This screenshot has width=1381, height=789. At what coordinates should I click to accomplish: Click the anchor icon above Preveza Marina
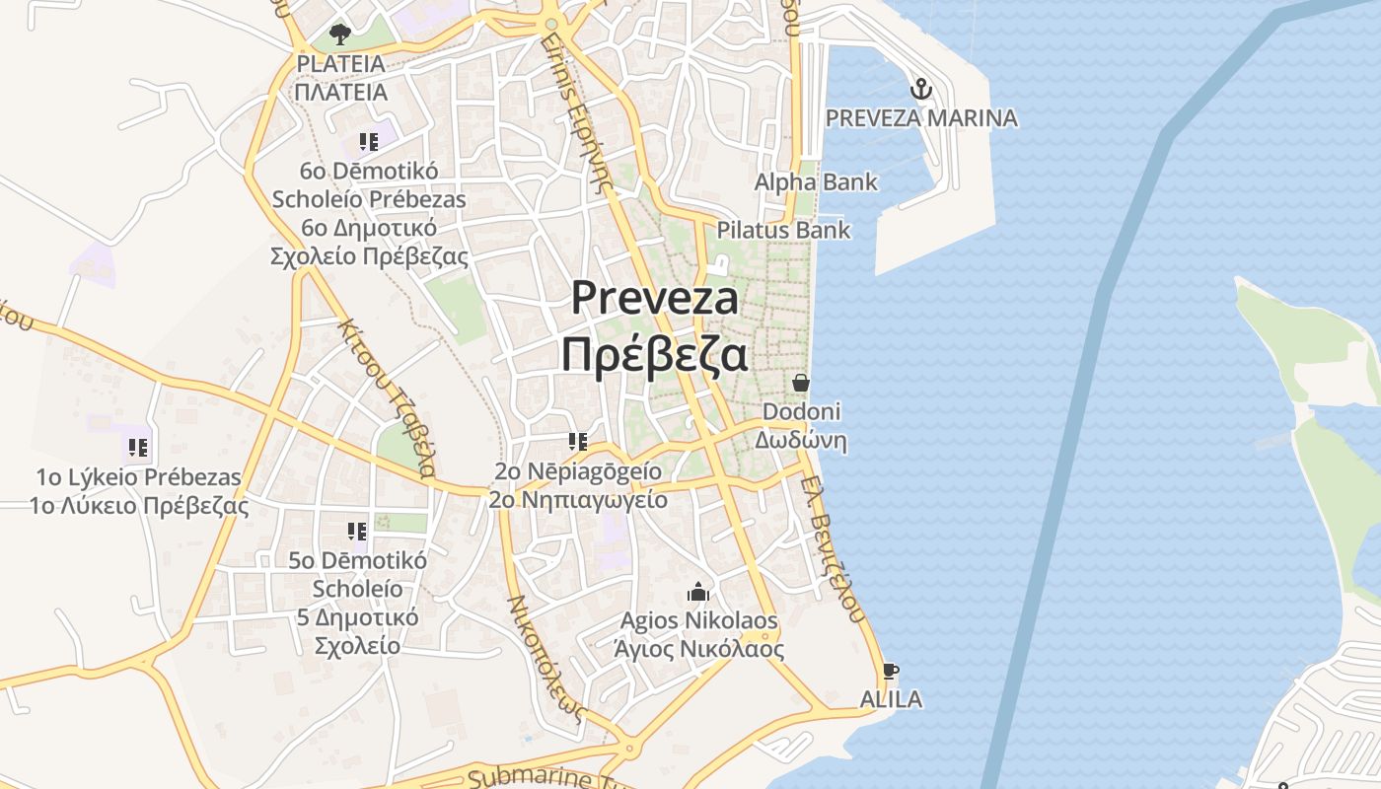[x=920, y=90]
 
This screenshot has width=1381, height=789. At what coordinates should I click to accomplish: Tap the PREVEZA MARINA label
[x=921, y=118]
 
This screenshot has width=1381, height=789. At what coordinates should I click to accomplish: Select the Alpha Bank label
[x=816, y=182]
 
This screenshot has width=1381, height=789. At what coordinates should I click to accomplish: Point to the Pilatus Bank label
[x=783, y=231]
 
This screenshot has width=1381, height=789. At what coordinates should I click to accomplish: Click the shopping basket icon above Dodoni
[x=800, y=382]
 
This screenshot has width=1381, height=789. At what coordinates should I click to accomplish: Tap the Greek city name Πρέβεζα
[x=654, y=355]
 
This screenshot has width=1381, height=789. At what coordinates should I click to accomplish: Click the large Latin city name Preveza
[x=655, y=298]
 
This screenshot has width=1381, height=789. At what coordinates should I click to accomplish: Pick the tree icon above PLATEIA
[x=340, y=36]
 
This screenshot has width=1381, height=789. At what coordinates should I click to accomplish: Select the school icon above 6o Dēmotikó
[x=369, y=142]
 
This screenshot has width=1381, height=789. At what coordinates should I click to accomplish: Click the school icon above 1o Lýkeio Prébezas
[x=138, y=448]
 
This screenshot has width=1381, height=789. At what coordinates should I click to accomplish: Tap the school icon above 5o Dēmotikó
[x=357, y=533]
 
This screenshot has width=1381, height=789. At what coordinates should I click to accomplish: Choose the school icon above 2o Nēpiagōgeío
[x=578, y=441]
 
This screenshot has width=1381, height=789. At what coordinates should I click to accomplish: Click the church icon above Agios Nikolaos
[x=698, y=592]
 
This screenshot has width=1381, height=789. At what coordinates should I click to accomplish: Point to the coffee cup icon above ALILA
[x=891, y=672]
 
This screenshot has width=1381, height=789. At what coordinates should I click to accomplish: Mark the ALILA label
[x=891, y=700]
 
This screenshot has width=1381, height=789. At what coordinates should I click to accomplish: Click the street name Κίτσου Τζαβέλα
[x=388, y=397]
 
